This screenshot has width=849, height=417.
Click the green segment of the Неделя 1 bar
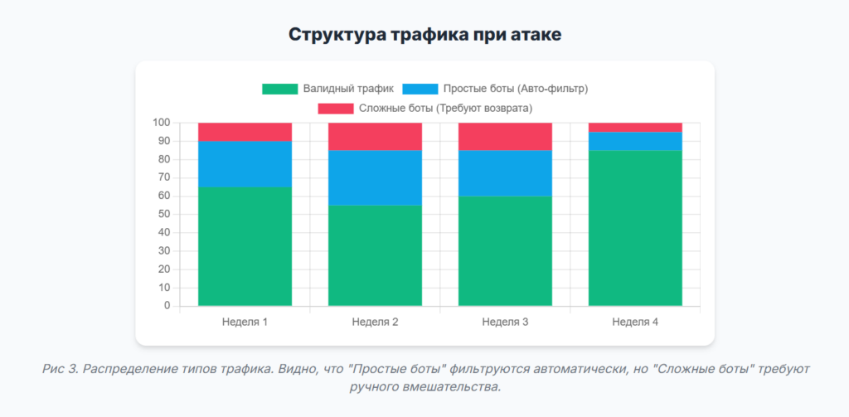245,246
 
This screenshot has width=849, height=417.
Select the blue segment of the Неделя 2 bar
375,177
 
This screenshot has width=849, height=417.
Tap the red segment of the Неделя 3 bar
505,137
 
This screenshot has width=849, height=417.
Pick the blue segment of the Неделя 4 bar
635,141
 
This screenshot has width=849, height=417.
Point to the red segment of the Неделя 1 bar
245,132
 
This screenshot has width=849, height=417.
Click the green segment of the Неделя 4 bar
635,228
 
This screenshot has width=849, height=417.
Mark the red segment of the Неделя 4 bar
635,127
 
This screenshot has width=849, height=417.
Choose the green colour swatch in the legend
279,89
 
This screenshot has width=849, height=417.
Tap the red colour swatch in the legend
335,109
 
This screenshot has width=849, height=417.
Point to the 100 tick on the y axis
161,123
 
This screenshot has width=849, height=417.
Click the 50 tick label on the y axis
163,215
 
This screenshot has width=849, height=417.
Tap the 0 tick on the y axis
167,306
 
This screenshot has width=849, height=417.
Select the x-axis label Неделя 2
375,322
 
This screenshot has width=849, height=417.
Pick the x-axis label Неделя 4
635,322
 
